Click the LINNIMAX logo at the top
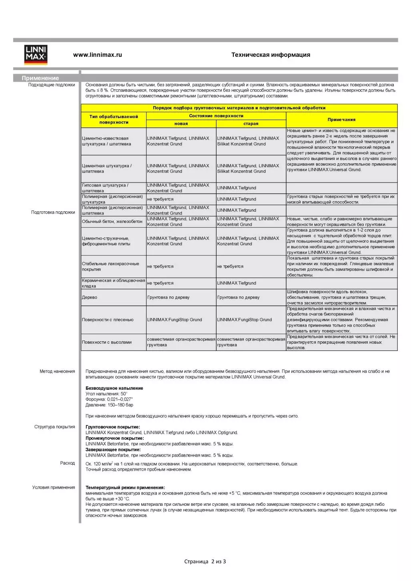[x=36, y=54]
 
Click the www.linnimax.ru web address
[x=97, y=55]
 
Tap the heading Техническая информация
[x=271, y=55]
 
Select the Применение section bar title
[x=40, y=78]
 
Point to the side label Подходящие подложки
[x=51, y=85]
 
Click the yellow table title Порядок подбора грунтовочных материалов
[x=239, y=108]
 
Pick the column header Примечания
[x=341, y=120]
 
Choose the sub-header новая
[x=181, y=124]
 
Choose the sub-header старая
[x=251, y=124]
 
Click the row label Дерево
[x=90, y=297]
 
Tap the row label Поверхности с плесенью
[x=108, y=320]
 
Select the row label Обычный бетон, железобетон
[x=112, y=221]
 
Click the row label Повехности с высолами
[x=106, y=342]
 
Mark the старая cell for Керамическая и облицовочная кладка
[x=237, y=283]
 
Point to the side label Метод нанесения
[x=57, y=371]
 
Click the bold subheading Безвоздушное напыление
[x=114, y=388]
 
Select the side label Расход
[x=67, y=463]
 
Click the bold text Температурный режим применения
[x=125, y=487]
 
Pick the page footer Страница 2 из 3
[x=205, y=561]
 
